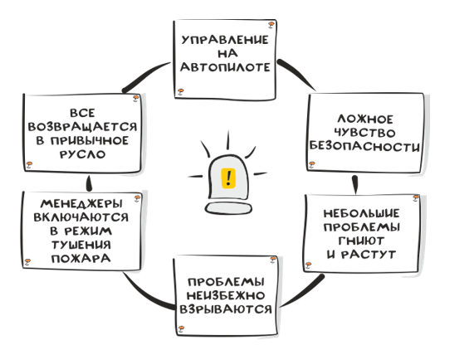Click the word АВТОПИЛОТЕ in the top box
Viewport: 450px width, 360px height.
click(x=225, y=67)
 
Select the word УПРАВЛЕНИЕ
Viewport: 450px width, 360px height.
click(x=225, y=40)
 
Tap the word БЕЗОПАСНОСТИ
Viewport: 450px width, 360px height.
click(x=364, y=146)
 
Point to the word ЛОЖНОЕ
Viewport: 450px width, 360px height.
click(x=365, y=119)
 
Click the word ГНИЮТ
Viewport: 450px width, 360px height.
click(x=361, y=241)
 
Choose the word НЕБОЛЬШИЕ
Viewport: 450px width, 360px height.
click(x=361, y=213)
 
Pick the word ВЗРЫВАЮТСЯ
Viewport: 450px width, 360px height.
click(x=226, y=309)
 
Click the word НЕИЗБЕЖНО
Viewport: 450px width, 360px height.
click(x=226, y=295)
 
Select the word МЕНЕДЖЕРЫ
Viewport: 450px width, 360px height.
click(x=81, y=203)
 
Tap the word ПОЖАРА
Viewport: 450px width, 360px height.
click(x=81, y=259)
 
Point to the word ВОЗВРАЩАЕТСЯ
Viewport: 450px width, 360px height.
click(x=83, y=127)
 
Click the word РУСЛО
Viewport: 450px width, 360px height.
click(x=83, y=154)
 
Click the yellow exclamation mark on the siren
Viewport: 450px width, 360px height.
click(x=228, y=178)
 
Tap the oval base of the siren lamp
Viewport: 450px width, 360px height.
click(x=228, y=208)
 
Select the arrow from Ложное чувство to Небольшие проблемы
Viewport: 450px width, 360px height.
click(x=355, y=185)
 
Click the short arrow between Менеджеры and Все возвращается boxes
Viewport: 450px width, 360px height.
click(x=89, y=183)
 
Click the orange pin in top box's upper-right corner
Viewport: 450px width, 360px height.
click(x=271, y=25)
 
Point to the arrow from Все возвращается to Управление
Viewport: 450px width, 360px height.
click(x=145, y=76)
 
